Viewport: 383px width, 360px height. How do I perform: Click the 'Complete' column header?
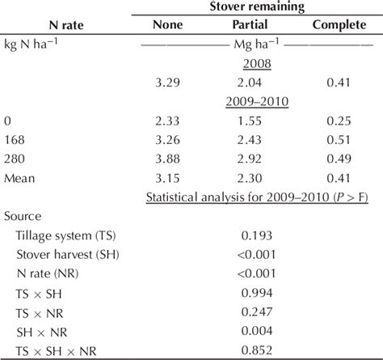(339, 25)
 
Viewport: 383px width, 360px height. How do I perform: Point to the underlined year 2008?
(255, 64)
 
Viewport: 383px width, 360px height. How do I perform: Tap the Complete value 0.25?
(339, 120)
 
